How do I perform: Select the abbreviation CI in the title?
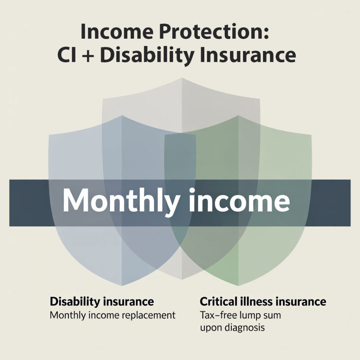point(66,55)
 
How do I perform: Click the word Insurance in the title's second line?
point(248,55)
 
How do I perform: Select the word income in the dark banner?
point(239,200)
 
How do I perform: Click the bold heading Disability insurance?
point(102,302)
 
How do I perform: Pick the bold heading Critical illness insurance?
point(263,301)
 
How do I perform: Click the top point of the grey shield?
point(182,78)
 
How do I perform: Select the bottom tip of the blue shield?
point(122,286)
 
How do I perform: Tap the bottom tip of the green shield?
point(239,286)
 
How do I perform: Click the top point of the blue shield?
point(122,115)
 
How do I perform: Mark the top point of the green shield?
point(239,115)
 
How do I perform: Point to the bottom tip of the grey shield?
point(182,279)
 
